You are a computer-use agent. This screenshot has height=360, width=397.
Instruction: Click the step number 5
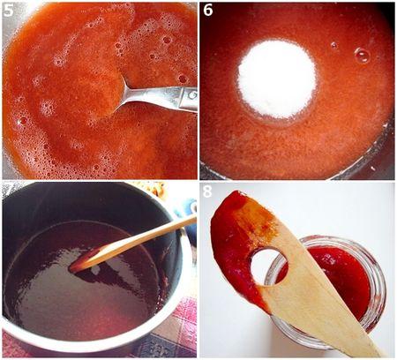click(9, 11)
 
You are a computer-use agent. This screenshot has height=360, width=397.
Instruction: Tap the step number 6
click(208, 11)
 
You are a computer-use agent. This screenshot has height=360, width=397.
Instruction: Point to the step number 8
click(208, 191)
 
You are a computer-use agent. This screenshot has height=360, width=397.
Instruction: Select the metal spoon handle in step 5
click(168, 96)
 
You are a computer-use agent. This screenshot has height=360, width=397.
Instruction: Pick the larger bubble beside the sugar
click(362, 55)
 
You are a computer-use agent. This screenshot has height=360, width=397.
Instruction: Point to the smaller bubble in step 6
click(333, 45)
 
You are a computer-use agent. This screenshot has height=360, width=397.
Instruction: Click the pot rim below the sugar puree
click(291, 172)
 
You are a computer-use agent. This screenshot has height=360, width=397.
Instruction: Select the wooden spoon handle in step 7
click(150, 236)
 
